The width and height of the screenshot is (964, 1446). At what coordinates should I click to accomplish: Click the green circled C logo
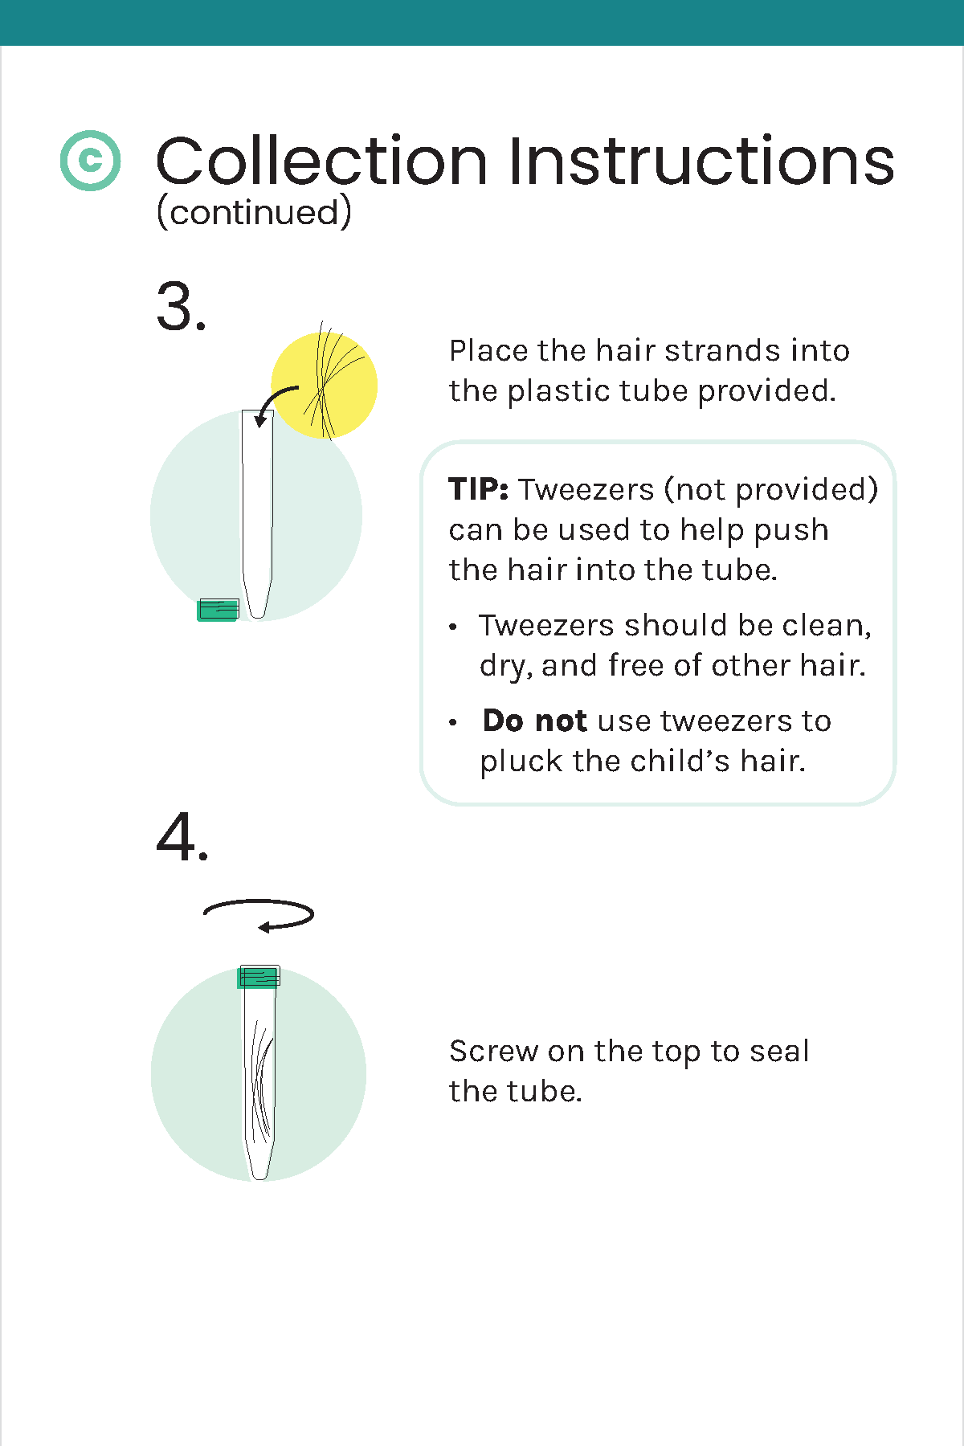91,161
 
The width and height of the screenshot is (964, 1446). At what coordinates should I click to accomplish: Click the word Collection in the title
322,161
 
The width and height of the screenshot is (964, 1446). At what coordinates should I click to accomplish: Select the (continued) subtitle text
254,212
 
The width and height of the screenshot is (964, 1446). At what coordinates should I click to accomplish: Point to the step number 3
182,307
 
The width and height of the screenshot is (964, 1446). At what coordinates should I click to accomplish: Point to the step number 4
182,837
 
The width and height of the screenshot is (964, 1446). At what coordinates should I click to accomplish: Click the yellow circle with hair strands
324,385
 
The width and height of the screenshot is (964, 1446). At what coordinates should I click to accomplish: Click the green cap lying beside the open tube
219,610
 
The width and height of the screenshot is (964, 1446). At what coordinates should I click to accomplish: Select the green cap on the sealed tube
259,977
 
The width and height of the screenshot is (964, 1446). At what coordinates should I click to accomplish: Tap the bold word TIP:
479,489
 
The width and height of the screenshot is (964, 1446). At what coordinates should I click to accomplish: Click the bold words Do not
534,721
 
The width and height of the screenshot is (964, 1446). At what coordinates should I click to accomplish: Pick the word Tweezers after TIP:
586,489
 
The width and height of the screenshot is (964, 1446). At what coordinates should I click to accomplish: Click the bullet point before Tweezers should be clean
454,627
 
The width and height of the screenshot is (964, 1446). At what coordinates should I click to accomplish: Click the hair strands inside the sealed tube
260,1080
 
